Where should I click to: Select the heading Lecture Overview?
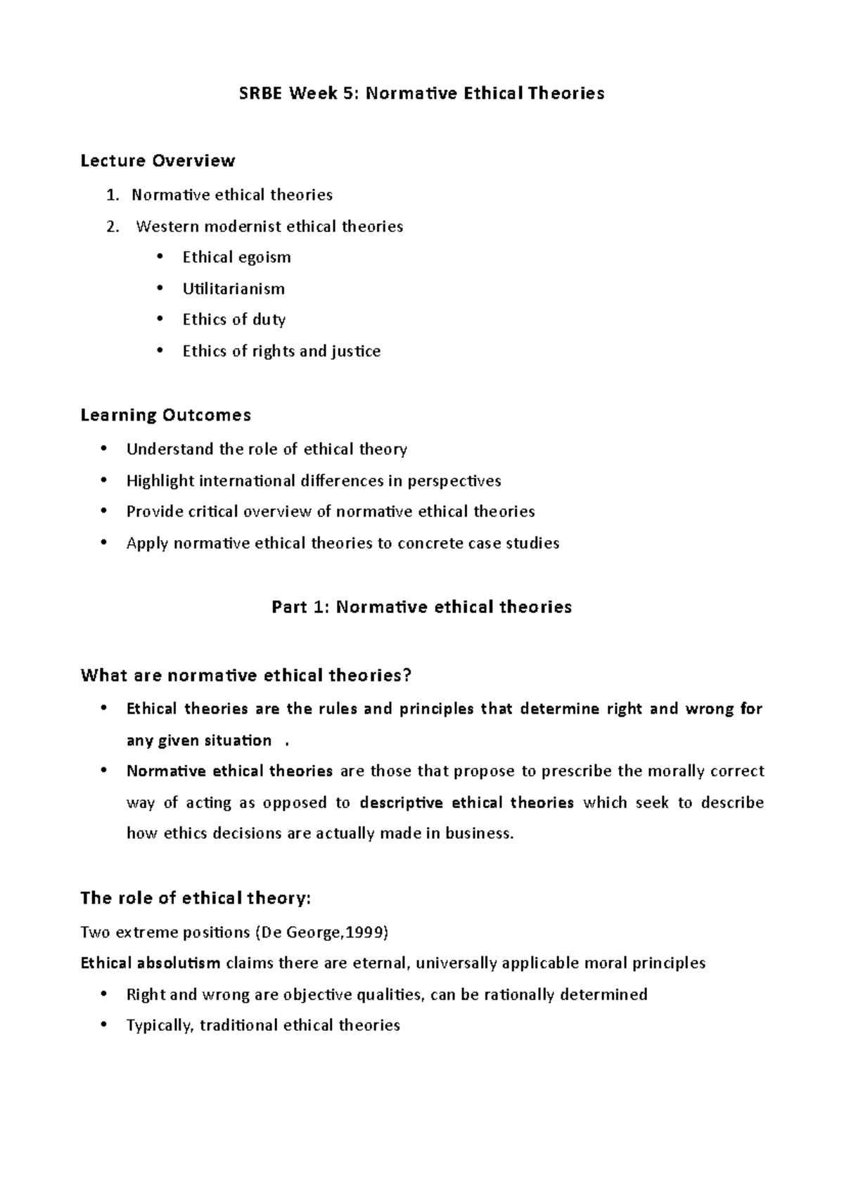click(158, 161)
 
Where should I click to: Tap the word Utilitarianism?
click(234, 289)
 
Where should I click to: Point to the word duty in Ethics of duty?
click(269, 320)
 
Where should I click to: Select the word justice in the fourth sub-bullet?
click(355, 352)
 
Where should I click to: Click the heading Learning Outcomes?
click(165, 416)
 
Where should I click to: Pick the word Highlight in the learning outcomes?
click(160, 481)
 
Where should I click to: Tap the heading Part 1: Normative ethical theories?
click(421, 607)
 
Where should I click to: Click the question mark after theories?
click(407, 676)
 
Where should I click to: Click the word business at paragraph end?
click(479, 834)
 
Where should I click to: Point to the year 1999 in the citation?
click(367, 933)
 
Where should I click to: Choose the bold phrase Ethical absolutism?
click(151, 963)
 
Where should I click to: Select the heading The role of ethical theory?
click(196, 899)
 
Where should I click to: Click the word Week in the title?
click(312, 94)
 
